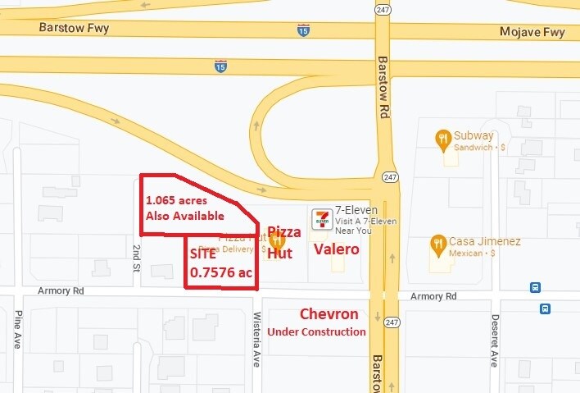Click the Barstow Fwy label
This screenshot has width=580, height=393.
tap(74, 28)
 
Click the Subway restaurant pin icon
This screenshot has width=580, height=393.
tap(443, 139)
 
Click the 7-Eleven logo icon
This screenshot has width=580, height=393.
tap(322, 218)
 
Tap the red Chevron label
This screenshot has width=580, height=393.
tap(329, 314)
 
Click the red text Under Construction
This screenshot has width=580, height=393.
tap(316, 331)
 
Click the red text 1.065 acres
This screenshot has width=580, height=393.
tap(176, 200)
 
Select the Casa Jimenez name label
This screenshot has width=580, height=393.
tap(485, 242)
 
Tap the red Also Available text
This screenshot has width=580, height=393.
tap(184, 216)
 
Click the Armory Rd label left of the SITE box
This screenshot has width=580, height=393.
tap(61, 291)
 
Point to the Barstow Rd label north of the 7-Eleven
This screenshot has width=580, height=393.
tap(382, 87)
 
